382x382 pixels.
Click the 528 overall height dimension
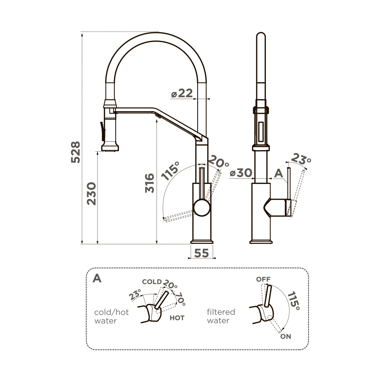pyautogui.click(x=75, y=152)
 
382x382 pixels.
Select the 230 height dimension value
pyautogui.click(x=92, y=193)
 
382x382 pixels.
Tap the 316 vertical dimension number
pyautogui.click(x=150, y=183)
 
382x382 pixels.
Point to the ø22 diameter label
pyautogui.click(x=182, y=94)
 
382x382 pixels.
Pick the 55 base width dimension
pyautogui.click(x=201, y=253)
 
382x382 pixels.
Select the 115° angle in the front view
pyautogui.click(x=170, y=171)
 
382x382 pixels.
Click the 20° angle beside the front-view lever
pyautogui.click(x=218, y=163)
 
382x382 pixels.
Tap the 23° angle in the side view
pyautogui.click(x=301, y=159)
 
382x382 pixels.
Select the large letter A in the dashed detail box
pyautogui.click(x=97, y=279)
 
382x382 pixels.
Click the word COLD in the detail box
pyautogui.click(x=152, y=282)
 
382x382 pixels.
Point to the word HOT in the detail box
pyautogui.click(x=177, y=318)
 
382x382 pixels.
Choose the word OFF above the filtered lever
pyautogui.click(x=263, y=279)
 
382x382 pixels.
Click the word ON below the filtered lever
pyautogui.click(x=286, y=336)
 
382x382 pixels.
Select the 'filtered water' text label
pyautogui.click(x=221, y=316)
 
